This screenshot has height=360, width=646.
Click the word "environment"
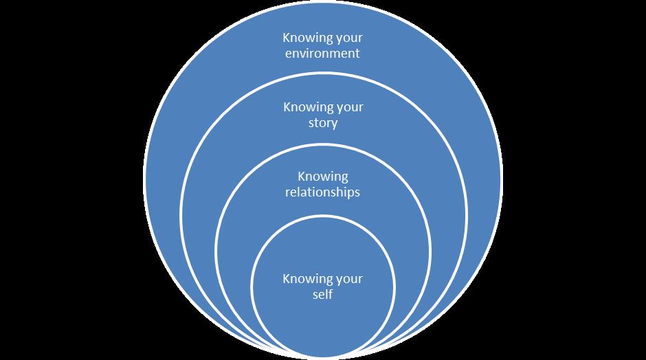click(x=323, y=53)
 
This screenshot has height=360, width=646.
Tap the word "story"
click(x=323, y=124)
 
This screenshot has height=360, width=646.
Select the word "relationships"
click(x=323, y=192)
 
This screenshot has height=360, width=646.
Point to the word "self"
click(x=323, y=295)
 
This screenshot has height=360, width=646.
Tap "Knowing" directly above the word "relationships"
click(x=323, y=177)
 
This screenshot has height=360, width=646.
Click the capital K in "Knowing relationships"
click(x=301, y=177)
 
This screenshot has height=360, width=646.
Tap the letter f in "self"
click(x=331, y=295)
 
